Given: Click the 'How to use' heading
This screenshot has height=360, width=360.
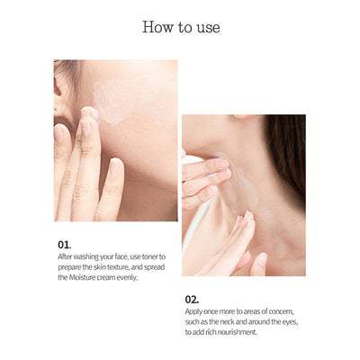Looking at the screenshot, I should click(x=180, y=27).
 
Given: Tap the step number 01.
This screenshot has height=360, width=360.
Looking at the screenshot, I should click(x=64, y=244).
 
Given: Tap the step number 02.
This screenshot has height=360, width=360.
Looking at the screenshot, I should click(x=193, y=298).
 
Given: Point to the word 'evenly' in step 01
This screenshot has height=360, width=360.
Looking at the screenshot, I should click(x=131, y=277).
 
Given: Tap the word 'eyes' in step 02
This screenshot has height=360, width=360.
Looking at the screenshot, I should click(x=288, y=321).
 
